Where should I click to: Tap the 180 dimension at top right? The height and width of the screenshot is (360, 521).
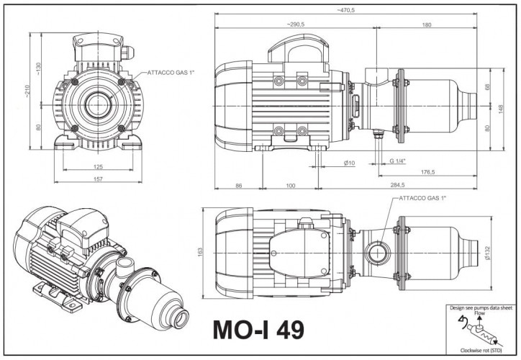[x=427, y=24]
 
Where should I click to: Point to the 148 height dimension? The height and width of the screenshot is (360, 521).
[x=498, y=109]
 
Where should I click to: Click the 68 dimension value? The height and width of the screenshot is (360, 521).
[x=487, y=87]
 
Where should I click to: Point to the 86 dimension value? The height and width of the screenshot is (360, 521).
[x=239, y=186]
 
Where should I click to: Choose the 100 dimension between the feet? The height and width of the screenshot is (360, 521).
[x=291, y=186]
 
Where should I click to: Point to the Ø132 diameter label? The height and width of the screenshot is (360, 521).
[x=487, y=252]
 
